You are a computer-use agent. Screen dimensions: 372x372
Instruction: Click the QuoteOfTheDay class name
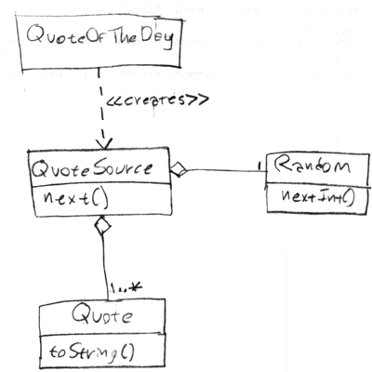pyautogui.click(x=100, y=37)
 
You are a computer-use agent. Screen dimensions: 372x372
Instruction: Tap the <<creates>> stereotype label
pyautogui.click(x=157, y=100)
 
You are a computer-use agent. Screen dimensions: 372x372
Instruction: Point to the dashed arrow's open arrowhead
pyautogui.click(x=103, y=143)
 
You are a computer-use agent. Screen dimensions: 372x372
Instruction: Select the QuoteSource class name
pyautogui.click(x=92, y=169)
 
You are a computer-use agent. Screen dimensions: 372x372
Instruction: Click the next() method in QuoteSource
pyautogui.click(x=76, y=198)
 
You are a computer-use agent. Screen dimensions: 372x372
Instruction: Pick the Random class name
pyautogui.click(x=312, y=166)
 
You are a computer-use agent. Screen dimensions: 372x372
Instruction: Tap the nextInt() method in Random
pyautogui.click(x=318, y=197)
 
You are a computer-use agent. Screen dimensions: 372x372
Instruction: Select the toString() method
pyautogui.click(x=92, y=352)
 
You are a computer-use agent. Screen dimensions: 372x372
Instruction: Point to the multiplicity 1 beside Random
pyautogui.click(x=259, y=166)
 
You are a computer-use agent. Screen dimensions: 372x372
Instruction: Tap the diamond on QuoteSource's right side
pyautogui.click(x=178, y=169)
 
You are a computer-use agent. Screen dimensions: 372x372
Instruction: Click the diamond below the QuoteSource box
pyautogui.click(x=102, y=226)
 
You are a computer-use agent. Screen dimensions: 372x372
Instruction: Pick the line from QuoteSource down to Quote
pyautogui.click(x=105, y=268)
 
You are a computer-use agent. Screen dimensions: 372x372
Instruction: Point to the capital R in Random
pyautogui.click(x=283, y=164)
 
